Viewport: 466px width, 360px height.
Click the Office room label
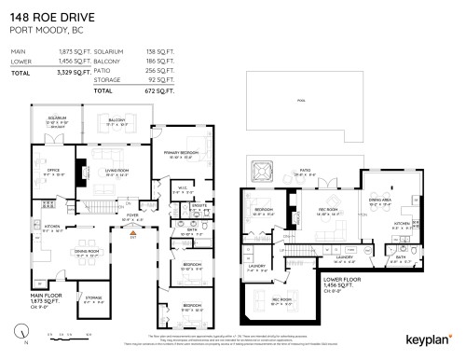click(54, 172)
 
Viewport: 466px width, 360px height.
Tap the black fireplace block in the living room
click(79, 173)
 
